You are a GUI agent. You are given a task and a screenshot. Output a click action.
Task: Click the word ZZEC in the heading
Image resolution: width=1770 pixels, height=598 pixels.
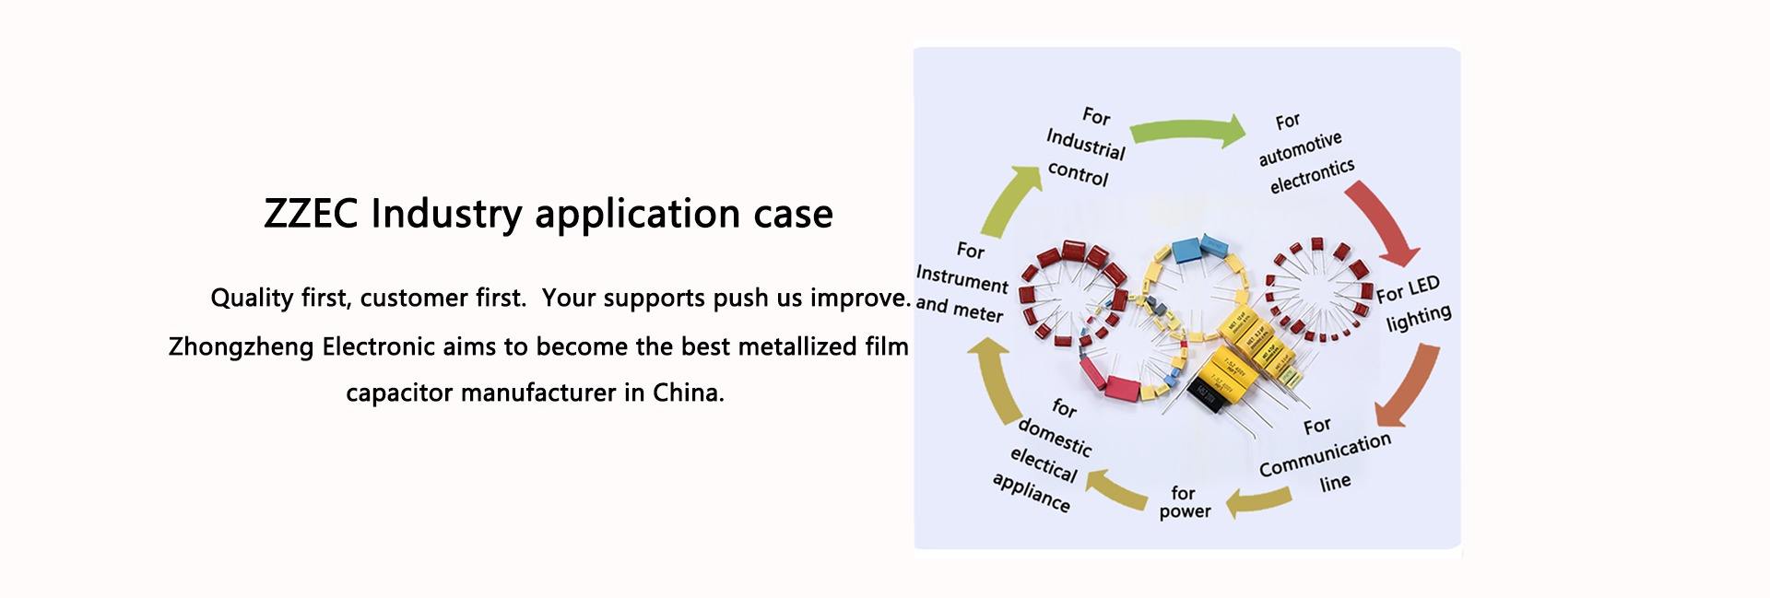[x=312, y=214]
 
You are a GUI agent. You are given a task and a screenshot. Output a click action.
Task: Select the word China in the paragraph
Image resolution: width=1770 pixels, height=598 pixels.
[x=687, y=393]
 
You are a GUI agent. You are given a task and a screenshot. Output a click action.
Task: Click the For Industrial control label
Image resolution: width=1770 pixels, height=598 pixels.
[x=1086, y=147]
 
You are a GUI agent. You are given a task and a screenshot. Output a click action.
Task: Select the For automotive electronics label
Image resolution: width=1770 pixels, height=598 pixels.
[x=1304, y=153]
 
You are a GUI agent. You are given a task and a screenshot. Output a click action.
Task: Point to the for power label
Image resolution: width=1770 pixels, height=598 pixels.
[x=1185, y=502]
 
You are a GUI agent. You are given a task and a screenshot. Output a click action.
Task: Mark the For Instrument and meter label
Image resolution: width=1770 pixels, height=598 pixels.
[x=962, y=282]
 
